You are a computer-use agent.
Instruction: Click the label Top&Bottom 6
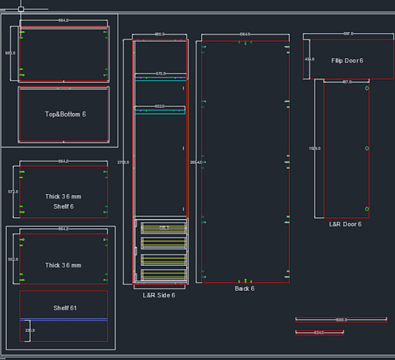click(x=65, y=114)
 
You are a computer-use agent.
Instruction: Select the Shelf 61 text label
click(x=65, y=308)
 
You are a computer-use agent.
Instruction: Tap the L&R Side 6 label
click(x=159, y=295)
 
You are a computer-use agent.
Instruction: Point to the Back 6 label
click(x=244, y=289)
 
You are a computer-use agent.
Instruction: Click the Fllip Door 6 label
click(x=347, y=60)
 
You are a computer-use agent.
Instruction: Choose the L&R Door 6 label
click(x=345, y=224)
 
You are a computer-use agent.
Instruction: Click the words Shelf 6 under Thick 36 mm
click(x=63, y=206)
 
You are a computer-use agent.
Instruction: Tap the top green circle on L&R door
click(x=367, y=88)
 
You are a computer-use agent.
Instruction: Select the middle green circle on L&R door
click(x=367, y=148)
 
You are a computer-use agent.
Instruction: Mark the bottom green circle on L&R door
click(x=367, y=209)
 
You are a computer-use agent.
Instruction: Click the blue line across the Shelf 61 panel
click(x=63, y=319)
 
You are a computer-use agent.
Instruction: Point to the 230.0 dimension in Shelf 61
click(x=30, y=330)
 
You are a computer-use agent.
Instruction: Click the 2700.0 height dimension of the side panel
click(x=123, y=162)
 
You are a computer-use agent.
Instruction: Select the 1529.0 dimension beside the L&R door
click(x=315, y=149)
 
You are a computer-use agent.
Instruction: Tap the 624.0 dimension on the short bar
click(x=318, y=333)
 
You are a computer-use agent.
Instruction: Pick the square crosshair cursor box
click(x=21, y=9)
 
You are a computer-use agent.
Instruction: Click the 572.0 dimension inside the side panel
click(x=160, y=74)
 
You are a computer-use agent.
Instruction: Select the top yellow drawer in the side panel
click(x=163, y=228)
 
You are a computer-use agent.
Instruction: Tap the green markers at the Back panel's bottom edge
click(x=246, y=281)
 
